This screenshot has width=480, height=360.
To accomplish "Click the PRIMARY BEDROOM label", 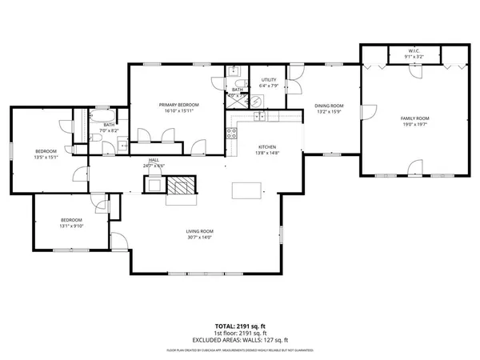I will click(x=178, y=105).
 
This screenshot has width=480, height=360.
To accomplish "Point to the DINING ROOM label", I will click(x=328, y=106).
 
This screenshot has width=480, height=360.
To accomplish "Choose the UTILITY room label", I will click(x=269, y=80).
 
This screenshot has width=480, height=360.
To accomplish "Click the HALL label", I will click(x=154, y=160).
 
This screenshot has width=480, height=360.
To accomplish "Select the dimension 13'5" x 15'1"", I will click(x=46, y=158).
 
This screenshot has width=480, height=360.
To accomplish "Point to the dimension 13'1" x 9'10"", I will click(x=72, y=226).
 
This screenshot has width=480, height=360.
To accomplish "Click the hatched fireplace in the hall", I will click(x=181, y=184).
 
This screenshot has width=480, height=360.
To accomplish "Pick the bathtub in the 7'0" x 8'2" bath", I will click(x=81, y=127).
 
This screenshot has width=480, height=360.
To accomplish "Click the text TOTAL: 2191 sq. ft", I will click(x=239, y=326).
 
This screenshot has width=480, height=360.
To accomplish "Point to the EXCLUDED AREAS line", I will click(x=239, y=339).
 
